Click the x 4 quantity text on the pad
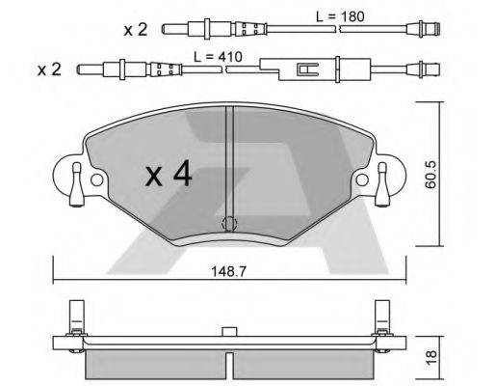tap(169, 176)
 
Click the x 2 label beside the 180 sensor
tap(134, 30)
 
